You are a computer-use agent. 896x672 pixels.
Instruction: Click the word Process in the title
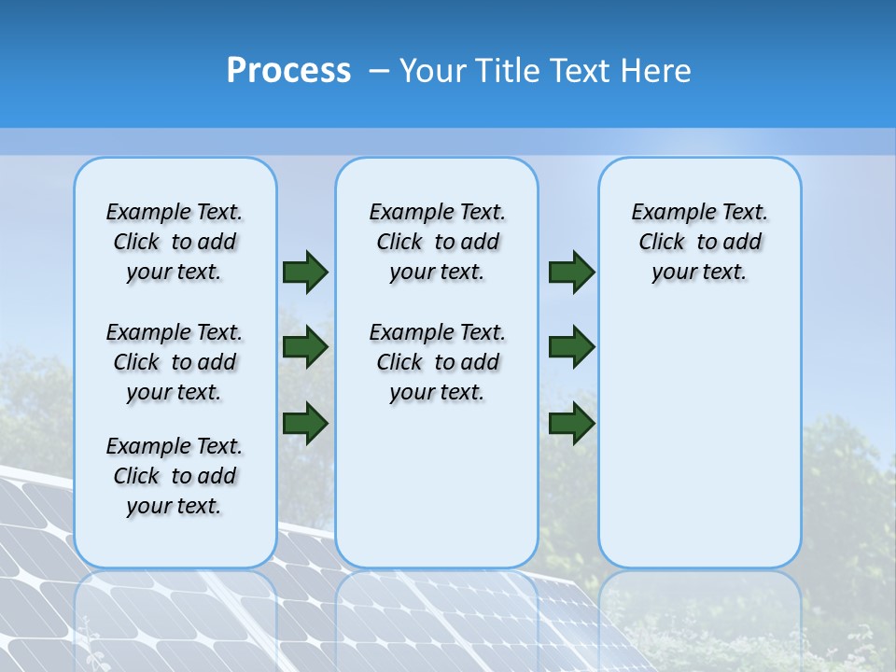pyautogui.click(x=288, y=70)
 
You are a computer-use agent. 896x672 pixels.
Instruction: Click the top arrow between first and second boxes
pyautogui.click(x=304, y=272)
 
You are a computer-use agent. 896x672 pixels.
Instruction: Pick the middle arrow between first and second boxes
pyautogui.click(x=304, y=346)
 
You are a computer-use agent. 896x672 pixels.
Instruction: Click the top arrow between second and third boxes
pyautogui.click(x=571, y=272)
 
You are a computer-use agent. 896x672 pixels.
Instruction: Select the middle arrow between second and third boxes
pyautogui.click(x=571, y=346)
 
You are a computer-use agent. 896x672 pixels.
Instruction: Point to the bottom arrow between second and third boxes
pyautogui.click(x=571, y=423)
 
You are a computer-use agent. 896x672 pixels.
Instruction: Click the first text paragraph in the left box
pyautogui.click(x=175, y=242)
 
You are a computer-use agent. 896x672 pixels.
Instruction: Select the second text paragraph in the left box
pyautogui.click(x=175, y=362)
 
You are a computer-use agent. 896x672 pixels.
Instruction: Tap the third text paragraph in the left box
pyautogui.click(x=175, y=476)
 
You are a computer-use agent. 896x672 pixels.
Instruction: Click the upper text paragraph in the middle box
pyautogui.click(x=437, y=242)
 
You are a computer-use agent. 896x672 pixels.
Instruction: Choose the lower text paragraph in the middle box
pyautogui.click(x=437, y=362)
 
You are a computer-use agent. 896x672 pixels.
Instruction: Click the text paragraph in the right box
pyautogui.click(x=699, y=242)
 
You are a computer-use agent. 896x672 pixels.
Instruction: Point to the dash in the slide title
pyautogui.click(x=379, y=71)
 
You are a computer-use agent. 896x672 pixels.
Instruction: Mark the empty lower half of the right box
pyautogui.click(x=699, y=439)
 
